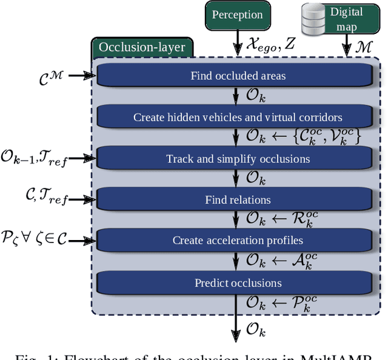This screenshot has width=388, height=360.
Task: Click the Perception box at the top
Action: coord(237,15)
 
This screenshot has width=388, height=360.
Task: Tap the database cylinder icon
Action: coord(314,19)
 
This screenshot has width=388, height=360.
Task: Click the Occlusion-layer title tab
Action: coord(142,47)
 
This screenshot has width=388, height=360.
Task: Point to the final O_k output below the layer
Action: coord(255,331)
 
